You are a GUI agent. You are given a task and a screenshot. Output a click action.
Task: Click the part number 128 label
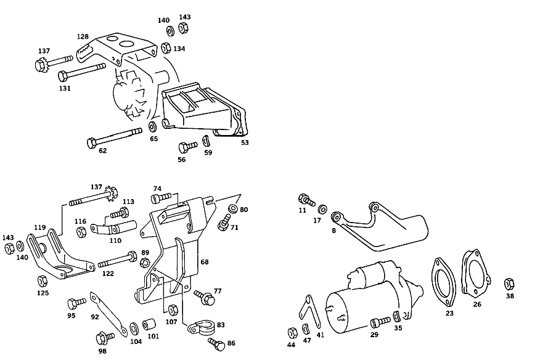click(83, 36)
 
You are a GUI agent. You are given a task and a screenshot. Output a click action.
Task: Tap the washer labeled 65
click(152, 126)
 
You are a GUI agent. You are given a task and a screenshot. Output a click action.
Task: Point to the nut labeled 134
click(166, 48)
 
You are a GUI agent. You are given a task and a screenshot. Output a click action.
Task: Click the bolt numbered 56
click(187, 147)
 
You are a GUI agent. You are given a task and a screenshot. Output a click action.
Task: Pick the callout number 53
click(245, 142)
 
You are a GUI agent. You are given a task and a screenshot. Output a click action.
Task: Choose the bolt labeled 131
click(81, 72)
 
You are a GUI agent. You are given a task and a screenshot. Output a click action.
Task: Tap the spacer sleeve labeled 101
click(149, 324)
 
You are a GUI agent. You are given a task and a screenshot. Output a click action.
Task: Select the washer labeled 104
click(134, 329)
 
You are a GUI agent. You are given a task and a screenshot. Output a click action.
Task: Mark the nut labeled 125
click(42, 281)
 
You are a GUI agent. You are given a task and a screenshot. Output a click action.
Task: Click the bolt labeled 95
click(76, 303)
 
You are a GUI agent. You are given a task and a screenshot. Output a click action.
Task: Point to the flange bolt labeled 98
click(105, 338)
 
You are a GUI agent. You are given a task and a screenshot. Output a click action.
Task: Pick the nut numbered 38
click(509, 284)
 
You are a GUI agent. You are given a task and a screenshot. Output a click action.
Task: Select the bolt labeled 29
click(380, 322)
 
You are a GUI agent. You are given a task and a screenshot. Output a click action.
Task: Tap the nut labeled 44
click(292, 333)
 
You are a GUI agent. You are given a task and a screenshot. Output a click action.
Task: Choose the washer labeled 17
click(322, 209)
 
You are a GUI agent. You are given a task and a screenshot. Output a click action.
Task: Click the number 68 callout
click(205, 262)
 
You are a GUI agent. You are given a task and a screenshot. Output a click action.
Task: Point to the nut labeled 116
click(80, 232)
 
